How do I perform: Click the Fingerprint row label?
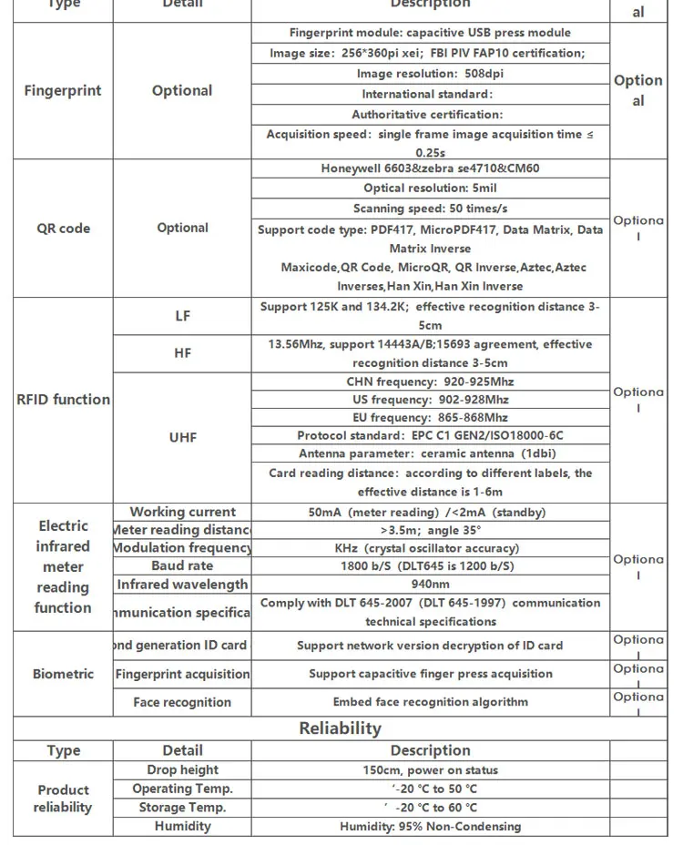pos(63,90)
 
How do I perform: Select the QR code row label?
pos(63,228)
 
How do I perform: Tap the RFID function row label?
pos(63,399)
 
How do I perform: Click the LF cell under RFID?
pos(182,315)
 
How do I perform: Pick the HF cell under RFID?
pos(182,353)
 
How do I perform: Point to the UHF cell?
pos(182,437)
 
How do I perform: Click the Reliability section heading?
pos(340,728)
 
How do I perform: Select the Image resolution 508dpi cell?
pos(430,74)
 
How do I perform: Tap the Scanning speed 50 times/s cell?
pos(430,209)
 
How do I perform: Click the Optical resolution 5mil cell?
pos(430,188)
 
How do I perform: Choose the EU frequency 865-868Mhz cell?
pos(430,418)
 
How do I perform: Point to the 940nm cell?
pos(430,585)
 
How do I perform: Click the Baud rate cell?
pos(182,566)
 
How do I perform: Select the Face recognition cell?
pos(182,702)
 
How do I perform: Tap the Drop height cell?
pos(182,770)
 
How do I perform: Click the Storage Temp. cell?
pos(182,808)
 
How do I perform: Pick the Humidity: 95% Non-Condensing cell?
pos(430,827)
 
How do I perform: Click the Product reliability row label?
pos(63,799)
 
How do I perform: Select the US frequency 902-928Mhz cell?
pos(430,400)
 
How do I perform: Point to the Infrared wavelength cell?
pos(182,585)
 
